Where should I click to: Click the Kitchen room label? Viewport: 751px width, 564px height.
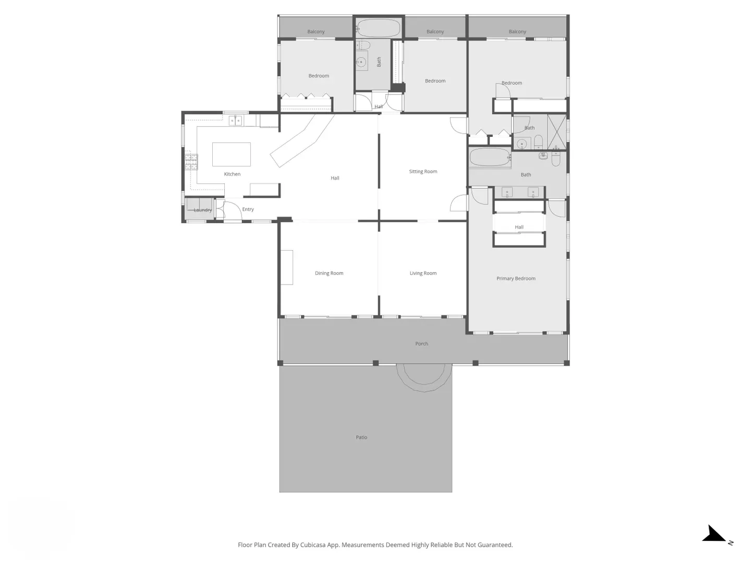pyautogui.click(x=232, y=174)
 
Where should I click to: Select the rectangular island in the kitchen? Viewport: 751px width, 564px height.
pyautogui.click(x=231, y=155)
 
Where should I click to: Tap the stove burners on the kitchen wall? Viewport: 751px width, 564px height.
pyautogui.click(x=191, y=162)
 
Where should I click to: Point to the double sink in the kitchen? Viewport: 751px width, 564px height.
pyautogui.click(x=235, y=121)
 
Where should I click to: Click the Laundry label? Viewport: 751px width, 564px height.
pyautogui.click(x=202, y=210)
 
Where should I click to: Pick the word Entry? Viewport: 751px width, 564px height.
pyautogui.click(x=248, y=209)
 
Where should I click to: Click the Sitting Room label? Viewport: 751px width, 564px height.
pyautogui.click(x=423, y=171)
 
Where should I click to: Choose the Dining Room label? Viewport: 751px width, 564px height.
pyautogui.click(x=329, y=273)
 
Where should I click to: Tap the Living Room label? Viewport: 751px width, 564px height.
pyautogui.click(x=423, y=273)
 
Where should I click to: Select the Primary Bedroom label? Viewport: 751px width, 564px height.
pyautogui.click(x=516, y=278)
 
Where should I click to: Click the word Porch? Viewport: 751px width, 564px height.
pyautogui.click(x=421, y=344)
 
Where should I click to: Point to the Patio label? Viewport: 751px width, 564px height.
pyautogui.click(x=361, y=437)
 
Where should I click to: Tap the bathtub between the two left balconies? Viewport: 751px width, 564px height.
pyautogui.click(x=379, y=28)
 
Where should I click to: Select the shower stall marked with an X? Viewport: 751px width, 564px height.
pyautogui.click(x=556, y=132)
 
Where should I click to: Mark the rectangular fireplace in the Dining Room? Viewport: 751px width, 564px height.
pyautogui.click(x=287, y=267)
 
